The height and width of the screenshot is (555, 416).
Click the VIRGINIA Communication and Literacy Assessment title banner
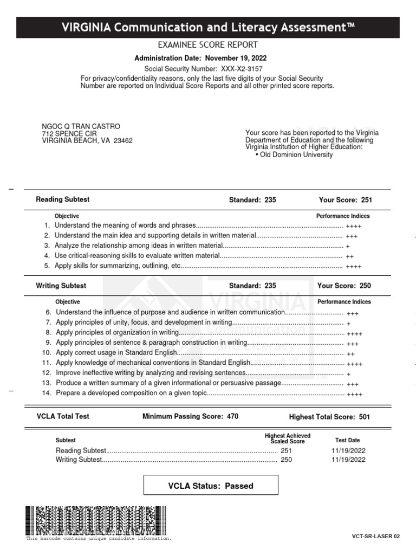coord(208,27)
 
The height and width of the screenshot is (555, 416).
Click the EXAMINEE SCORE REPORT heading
coord(207,45)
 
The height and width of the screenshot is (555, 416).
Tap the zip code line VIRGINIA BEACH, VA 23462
coord(87,141)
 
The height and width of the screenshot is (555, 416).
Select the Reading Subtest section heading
coord(63,199)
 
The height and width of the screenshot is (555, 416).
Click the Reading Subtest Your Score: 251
coord(344,200)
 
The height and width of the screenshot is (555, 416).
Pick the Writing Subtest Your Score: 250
coord(344,286)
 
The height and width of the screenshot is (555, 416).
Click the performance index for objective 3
coord(347,246)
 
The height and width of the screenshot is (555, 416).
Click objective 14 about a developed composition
coord(132,393)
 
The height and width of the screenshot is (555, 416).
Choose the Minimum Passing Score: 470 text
coord(190,417)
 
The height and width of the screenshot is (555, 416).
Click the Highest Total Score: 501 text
coord(330,417)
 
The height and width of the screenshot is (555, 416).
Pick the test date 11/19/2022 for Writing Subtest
coord(348,460)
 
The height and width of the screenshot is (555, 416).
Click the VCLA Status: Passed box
coord(211,486)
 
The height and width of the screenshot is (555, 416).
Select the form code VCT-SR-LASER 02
coord(376,537)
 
